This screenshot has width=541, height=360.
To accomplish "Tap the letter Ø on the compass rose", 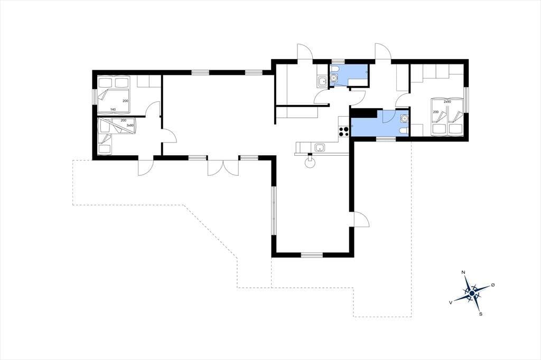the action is [493, 285].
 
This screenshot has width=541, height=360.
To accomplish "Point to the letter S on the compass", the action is [481, 314].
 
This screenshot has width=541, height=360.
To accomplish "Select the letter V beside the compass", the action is [451, 302].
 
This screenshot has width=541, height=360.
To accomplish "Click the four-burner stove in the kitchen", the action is [344, 132].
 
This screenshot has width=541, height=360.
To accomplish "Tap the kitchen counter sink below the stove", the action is [320, 148].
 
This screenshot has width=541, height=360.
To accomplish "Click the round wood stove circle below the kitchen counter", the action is [310, 163].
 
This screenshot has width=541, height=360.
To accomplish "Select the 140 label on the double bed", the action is [113, 109].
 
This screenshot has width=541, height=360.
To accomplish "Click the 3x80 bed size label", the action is [130, 126].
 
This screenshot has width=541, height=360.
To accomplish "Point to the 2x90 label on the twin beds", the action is [447, 102].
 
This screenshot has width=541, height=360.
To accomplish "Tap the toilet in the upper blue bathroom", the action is [334, 77].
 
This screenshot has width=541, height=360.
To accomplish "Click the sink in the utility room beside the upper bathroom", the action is [322, 82].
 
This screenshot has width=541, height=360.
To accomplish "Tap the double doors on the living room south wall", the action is [223, 167].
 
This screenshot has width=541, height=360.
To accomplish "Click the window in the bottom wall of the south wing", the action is [312, 255].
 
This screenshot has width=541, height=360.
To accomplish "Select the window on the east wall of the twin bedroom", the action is [466, 100].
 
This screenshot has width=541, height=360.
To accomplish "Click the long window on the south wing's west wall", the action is [274, 211].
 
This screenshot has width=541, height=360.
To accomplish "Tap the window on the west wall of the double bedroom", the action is [94, 97].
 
